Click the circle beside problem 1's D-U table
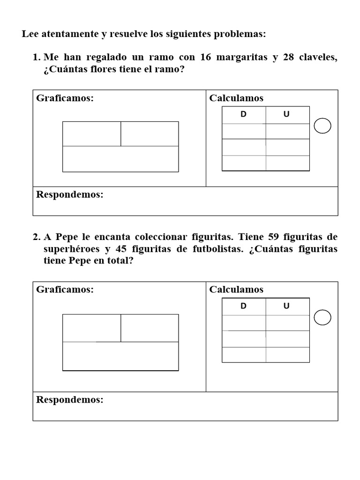(322, 126)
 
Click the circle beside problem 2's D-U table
(322, 318)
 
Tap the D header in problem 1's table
(244, 114)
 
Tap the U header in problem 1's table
(286, 114)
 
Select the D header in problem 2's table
(244, 306)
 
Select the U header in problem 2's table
(286, 306)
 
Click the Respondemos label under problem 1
(69, 195)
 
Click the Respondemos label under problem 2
(69, 400)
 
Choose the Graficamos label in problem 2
(65, 290)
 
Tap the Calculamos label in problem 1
(236, 98)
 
